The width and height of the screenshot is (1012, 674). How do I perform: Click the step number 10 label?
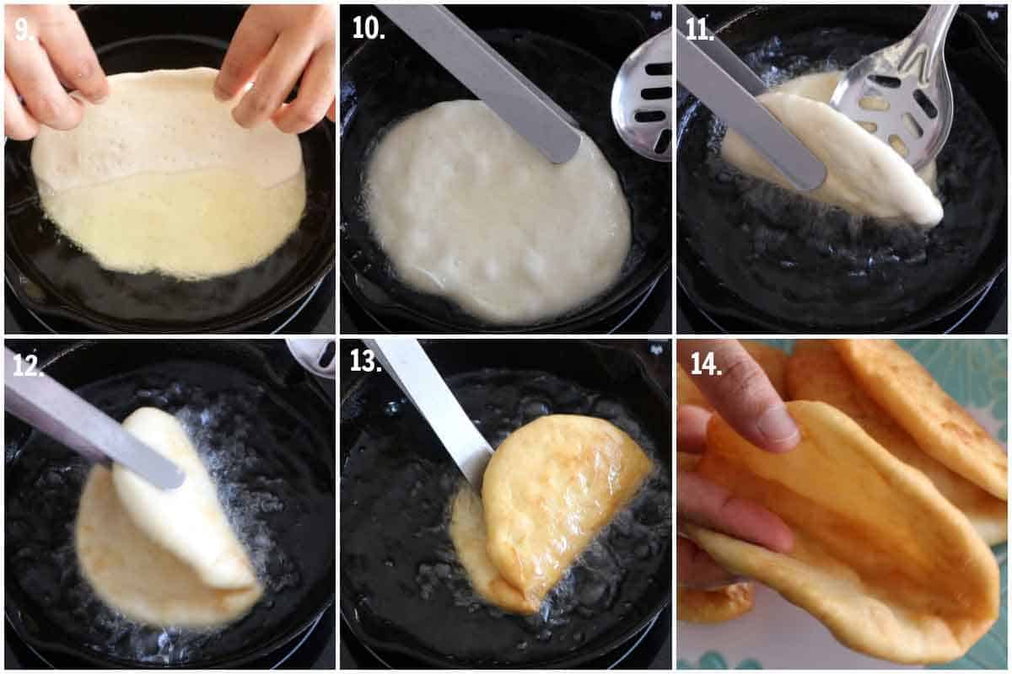pyautogui.click(x=368, y=28)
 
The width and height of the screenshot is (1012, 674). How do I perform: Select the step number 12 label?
pyautogui.click(x=28, y=363)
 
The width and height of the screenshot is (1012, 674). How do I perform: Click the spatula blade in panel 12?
pyautogui.click(x=93, y=430)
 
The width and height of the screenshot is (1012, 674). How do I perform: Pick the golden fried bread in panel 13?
pyautogui.click(x=557, y=497)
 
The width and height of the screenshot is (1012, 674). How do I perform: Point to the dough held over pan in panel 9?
pyautogui.click(x=169, y=177)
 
